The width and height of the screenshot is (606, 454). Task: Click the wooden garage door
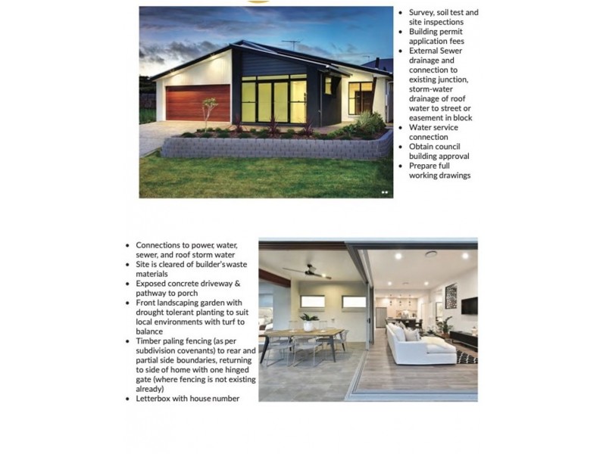pyautogui.click(x=197, y=103)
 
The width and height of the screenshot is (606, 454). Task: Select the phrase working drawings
pyautogui.click(x=440, y=176)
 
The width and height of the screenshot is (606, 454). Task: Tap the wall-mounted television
pyautogui.click(x=469, y=305)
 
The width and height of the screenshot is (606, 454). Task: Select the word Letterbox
pyautogui.click(x=155, y=398)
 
